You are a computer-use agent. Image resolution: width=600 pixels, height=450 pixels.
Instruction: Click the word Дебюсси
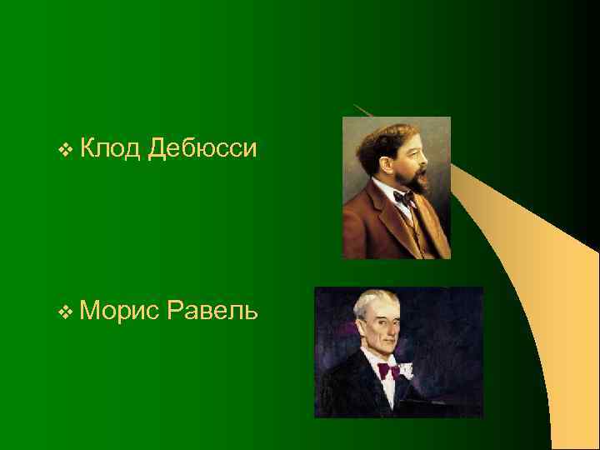click(201, 150)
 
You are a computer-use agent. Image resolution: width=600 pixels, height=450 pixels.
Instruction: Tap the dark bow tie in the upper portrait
click(404, 199)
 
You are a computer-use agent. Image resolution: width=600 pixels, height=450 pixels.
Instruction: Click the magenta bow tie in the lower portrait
click(388, 369)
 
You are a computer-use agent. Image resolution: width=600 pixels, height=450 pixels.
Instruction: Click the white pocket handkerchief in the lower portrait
click(407, 368)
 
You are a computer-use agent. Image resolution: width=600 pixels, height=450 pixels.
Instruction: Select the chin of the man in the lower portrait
click(384, 347)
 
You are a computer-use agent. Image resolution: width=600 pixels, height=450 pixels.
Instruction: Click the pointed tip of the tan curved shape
click(354, 105)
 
